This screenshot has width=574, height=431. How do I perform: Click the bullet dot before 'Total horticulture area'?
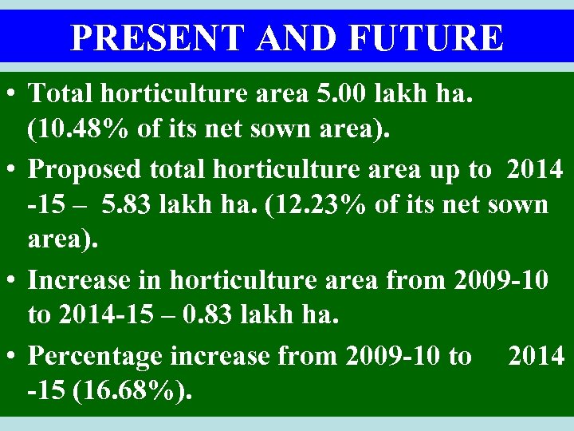coord(13,95)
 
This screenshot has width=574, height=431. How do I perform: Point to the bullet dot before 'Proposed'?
coord(13,169)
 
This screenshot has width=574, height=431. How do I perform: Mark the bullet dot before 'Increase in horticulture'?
coord(13,280)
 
